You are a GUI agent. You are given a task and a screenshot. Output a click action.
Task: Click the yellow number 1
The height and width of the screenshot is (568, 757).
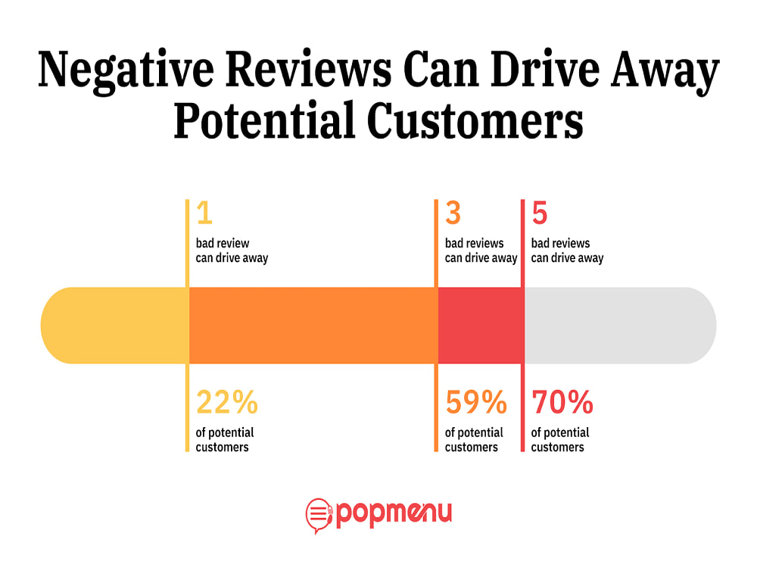pyautogui.click(x=204, y=214)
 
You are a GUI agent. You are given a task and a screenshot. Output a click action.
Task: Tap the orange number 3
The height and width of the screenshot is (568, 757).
pyautogui.click(x=453, y=214)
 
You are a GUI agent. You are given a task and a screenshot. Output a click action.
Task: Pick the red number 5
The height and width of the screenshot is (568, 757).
pyautogui.click(x=539, y=214)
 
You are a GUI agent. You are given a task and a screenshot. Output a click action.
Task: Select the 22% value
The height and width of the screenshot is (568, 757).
pyautogui.click(x=227, y=404)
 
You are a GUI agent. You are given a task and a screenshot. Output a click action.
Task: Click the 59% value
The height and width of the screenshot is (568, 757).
pyautogui.click(x=476, y=404)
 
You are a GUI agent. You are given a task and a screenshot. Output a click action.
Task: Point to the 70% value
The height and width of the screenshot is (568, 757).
pyautogui.click(x=562, y=404)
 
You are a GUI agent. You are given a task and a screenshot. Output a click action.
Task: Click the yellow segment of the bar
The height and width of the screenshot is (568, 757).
pyautogui.click(x=114, y=326)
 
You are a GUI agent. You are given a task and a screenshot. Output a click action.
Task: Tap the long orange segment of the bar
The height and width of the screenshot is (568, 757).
pyautogui.click(x=312, y=326)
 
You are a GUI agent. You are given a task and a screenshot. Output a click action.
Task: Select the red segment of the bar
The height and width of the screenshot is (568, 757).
pyautogui.click(x=480, y=326)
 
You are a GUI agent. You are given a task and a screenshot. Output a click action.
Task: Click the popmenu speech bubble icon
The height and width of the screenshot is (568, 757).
pyautogui.click(x=319, y=515)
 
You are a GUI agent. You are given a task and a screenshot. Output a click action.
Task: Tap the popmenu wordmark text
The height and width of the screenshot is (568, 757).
pyautogui.click(x=394, y=513)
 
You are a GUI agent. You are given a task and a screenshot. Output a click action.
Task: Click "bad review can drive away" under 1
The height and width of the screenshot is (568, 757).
pyautogui.click(x=232, y=251)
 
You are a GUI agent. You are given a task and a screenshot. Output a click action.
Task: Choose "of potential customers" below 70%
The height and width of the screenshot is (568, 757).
pyautogui.click(x=560, y=440)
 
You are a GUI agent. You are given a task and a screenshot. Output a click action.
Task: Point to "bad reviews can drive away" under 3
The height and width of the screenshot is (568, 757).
pyautogui.click(x=481, y=251)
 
